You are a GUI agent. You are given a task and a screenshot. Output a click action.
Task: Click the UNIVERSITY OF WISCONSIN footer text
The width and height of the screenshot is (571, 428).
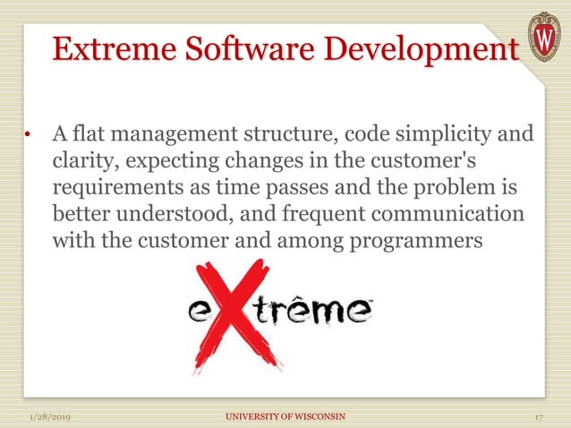[285, 417]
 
